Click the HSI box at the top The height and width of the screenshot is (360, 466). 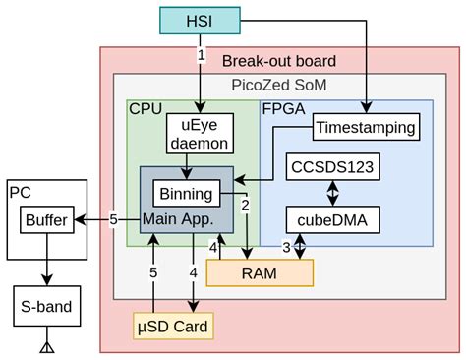(x=201, y=20)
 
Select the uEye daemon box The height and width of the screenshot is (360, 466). (x=201, y=134)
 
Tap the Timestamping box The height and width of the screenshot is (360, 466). (x=365, y=128)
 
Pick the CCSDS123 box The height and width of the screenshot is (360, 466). (x=331, y=166)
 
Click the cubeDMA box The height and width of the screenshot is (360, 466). (x=331, y=219)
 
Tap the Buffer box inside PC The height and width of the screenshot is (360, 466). (x=45, y=220)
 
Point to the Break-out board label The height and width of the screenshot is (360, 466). (x=279, y=61)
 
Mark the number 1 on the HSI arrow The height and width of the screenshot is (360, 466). (x=201, y=56)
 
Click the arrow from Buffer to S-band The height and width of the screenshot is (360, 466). (x=45, y=260)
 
